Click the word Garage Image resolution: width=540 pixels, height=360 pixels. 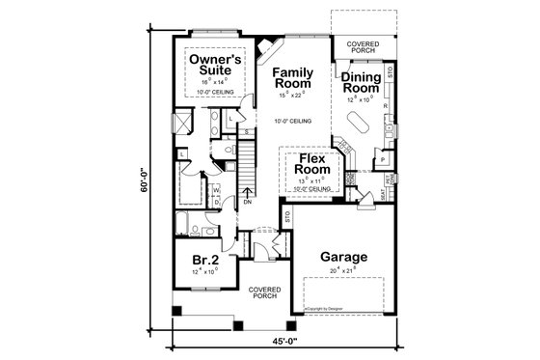344,258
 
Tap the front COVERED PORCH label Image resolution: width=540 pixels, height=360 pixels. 263,291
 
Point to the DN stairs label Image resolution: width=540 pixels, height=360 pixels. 247,203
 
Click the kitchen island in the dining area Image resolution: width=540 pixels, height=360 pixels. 358,124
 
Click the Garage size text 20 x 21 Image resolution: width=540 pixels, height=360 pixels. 344,272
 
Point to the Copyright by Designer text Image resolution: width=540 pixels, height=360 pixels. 324,311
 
